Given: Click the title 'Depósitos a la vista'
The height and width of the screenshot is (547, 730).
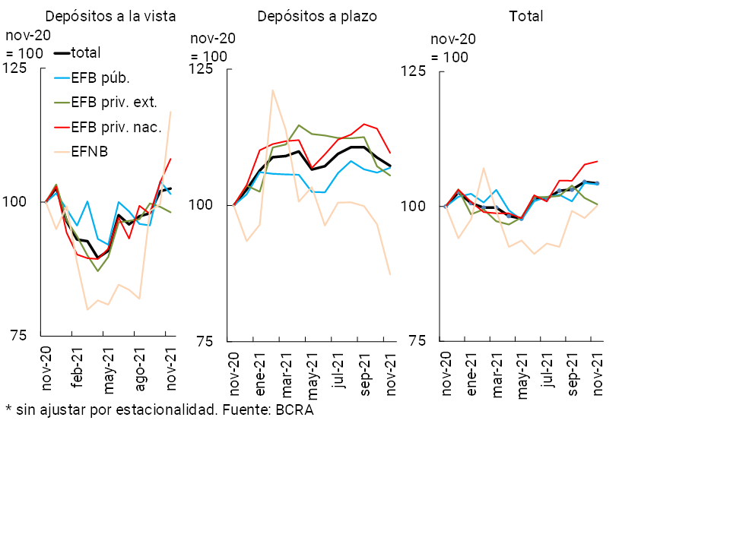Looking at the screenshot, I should click(110, 16).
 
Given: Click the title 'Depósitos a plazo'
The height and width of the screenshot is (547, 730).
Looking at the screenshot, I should click(317, 16).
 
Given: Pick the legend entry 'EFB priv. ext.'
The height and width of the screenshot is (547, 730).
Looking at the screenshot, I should click(113, 101).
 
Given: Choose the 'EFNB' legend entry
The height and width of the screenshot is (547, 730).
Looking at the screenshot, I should click(89, 151).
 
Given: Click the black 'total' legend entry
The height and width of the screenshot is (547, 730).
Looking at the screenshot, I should click(85, 52).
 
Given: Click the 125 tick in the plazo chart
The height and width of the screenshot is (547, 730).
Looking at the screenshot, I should click(200, 69).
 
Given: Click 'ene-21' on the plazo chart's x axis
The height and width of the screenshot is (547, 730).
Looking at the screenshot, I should click(260, 374).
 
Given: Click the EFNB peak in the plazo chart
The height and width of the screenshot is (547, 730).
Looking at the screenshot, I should click(272, 90).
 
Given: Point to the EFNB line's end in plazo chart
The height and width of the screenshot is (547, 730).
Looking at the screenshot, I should click(390, 274).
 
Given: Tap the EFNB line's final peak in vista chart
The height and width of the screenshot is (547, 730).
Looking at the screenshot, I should click(170, 112).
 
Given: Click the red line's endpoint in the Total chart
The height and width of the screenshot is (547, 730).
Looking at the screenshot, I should click(598, 161).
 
